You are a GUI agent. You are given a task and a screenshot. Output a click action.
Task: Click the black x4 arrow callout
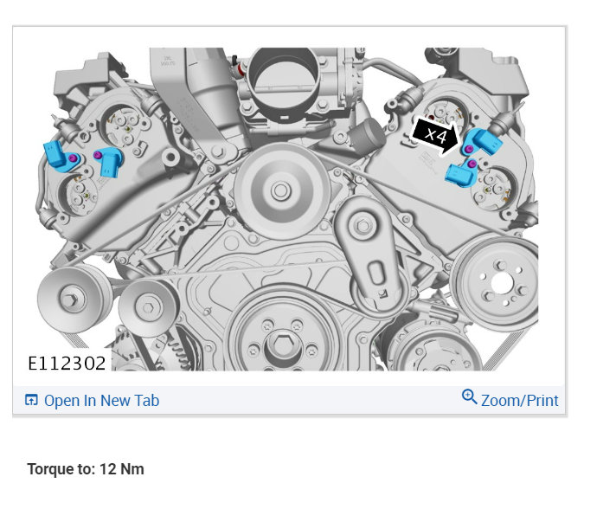435,136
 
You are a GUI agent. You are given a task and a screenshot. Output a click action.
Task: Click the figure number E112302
67,364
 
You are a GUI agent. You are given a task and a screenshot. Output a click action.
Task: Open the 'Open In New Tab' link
101,401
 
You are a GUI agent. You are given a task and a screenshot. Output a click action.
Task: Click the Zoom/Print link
519,401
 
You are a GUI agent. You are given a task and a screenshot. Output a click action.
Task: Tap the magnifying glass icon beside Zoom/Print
469,397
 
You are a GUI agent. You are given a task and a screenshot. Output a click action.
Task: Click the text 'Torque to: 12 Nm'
86,469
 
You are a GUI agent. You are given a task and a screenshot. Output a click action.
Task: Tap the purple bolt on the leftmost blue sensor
72,158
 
